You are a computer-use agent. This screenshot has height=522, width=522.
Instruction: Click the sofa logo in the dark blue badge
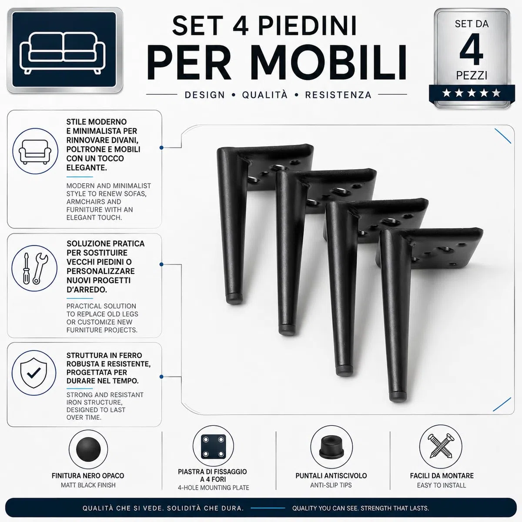click(63, 53)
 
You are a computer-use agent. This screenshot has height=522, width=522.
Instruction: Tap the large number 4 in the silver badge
click(472, 50)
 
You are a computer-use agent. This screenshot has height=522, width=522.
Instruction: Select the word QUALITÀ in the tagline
click(264, 95)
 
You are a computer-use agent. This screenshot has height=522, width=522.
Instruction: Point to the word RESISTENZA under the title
click(338, 95)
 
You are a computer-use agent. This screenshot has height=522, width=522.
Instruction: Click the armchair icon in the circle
click(35, 152)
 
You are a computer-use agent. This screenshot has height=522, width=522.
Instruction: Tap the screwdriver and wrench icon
click(35, 268)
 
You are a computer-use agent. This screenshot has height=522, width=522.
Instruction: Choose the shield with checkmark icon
click(34, 373)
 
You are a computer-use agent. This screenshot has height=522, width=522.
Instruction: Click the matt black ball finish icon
click(88, 449)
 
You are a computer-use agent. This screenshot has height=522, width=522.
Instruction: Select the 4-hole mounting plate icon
click(214, 447)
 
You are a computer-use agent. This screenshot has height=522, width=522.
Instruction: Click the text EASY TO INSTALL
click(442, 485)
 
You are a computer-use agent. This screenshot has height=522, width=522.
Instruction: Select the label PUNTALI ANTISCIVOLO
click(331, 476)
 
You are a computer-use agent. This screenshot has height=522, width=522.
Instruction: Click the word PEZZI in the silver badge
click(472, 75)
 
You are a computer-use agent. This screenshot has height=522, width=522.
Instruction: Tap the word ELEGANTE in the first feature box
click(87, 167)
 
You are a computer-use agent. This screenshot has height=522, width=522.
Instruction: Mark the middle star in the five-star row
click(472, 93)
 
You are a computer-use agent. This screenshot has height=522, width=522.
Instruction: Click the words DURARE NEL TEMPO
click(103, 381)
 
